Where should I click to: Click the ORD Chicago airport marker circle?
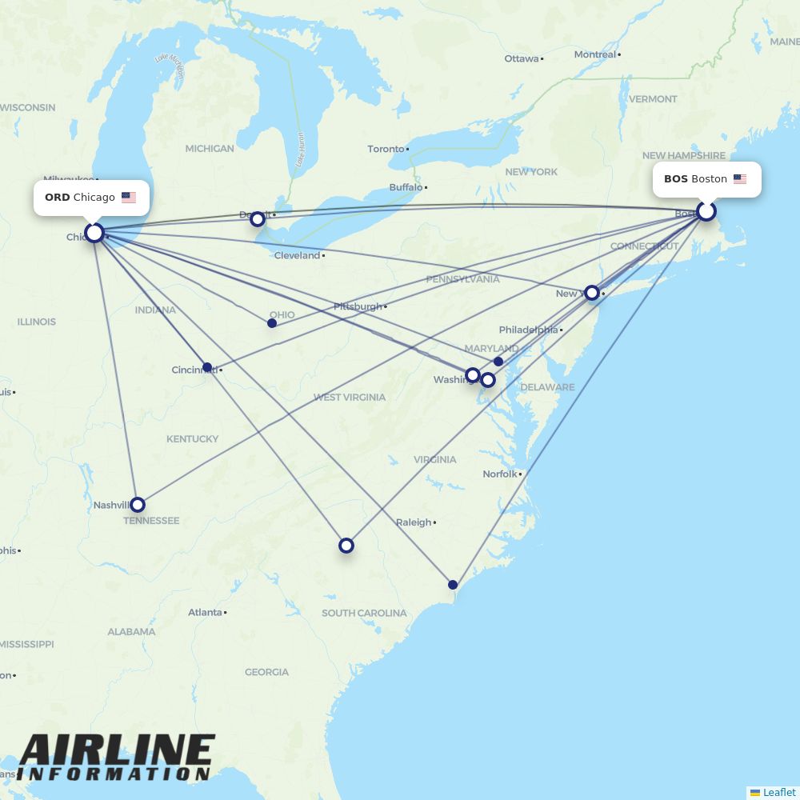pos(94,233)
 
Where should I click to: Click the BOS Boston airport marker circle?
pos(706,211)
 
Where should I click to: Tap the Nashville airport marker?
pos(138,505)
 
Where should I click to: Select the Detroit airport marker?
pos(258,218)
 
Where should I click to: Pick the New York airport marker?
pos(592,293)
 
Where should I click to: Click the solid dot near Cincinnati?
pos(207,367)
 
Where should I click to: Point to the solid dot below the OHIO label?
pos(272,323)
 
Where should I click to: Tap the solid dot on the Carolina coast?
pos(453,585)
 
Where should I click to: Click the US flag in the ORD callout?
pos(129,198)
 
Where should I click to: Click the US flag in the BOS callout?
pos(740,179)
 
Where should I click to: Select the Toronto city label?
pos(386,149)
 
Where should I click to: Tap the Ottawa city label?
pos(521,58)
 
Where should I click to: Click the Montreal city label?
pos(595,54)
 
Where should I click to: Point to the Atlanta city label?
pos(205,612)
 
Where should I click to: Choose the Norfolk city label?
pos(500,474)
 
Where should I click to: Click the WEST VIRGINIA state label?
pos(349,397)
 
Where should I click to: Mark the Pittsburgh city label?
pos(358,306)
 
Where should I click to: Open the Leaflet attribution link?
pos(778,792)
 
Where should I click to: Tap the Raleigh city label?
pos(414,522)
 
